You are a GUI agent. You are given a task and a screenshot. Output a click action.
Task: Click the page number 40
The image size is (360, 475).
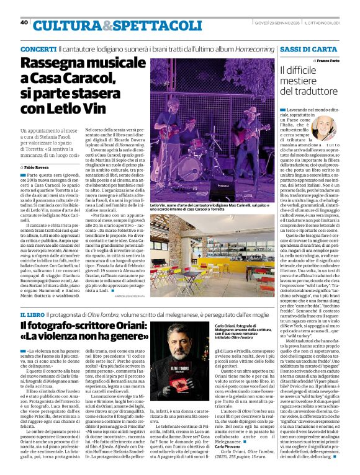(x=24, y=22)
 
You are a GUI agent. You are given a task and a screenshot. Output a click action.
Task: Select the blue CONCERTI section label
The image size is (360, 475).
(x=38, y=48)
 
